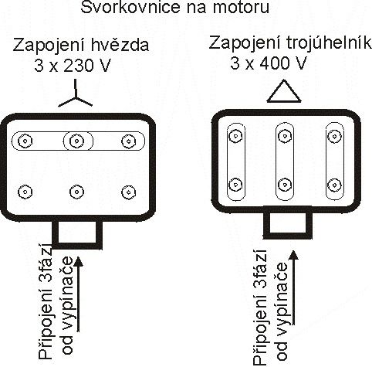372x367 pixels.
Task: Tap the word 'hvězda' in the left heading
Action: pyautogui.click(x=120, y=45)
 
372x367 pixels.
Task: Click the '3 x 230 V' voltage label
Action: pyautogui.click(x=73, y=66)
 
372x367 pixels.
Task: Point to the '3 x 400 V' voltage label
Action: pyautogui.click(x=269, y=63)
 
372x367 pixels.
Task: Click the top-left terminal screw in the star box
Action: pyautogui.click(x=25, y=141)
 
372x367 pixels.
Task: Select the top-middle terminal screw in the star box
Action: pyautogui.click(x=76, y=141)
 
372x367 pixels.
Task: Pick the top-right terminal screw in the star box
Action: pyautogui.click(x=128, y=141)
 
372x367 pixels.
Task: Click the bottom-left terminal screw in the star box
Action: pyautogui.click(x=25, y=192)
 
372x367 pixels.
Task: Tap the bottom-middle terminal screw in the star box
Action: pyautogui.click(x=76, y=192)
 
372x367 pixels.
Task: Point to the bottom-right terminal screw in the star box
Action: pyautogui.click(x=128, y=192)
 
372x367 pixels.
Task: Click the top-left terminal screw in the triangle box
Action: pyautogui.click(x=235, y=136)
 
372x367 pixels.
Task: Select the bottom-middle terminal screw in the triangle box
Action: pyautogui.click(x=285, y=185)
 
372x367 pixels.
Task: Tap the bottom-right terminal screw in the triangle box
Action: pyautogui.click(x=334, y=185)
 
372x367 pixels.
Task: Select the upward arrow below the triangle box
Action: pyautogui.click(x=293, y=287)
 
